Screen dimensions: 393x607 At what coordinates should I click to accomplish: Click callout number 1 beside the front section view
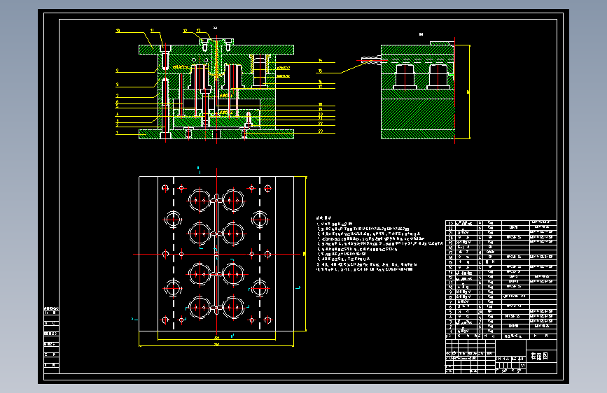point(118,132)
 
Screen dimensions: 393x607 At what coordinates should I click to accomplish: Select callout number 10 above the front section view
point(118,31)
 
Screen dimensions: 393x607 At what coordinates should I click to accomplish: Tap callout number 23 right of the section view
point(320,131)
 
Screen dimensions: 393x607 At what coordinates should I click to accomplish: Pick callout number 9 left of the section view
point(118,71)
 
